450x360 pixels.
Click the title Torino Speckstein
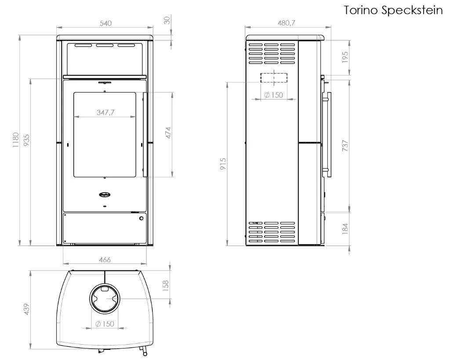point(393,11)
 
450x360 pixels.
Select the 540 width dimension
point(105,23)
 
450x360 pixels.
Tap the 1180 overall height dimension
point(15,140)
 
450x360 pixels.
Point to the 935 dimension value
point(26,140)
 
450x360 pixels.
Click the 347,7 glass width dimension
point(105,112)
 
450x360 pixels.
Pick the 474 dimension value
point(168,133)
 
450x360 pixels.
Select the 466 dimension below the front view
point(105,259)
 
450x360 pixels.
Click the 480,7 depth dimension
point(286,23)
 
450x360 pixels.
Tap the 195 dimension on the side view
point(345,57)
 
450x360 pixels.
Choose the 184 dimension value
point(345,229)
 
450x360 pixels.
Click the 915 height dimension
point(223,164)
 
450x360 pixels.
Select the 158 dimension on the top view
point(166,286)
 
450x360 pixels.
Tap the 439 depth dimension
point(26,309)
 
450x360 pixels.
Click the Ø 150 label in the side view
point(273,95)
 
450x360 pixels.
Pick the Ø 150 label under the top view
point(105,324)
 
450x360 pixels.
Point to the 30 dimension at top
point(167,20)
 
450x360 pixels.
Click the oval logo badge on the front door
point(105,194)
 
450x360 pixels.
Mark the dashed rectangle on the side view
point(274,78)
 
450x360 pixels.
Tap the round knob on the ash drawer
point(141,219)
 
